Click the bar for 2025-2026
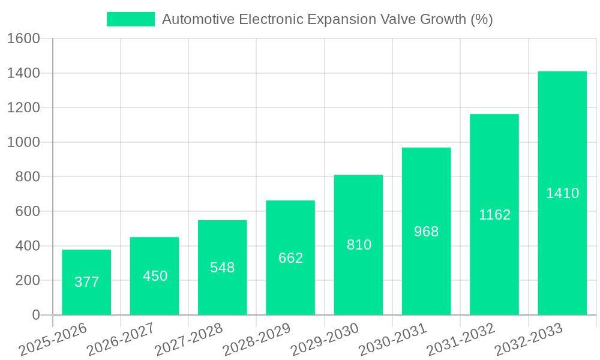tap(86, 282)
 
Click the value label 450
tap(155, 276)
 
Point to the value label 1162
tap(494, 215)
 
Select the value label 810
tap(359, 245)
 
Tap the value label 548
tap(222, 268)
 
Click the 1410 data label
tap(562, 193)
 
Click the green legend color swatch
tap(130, 19)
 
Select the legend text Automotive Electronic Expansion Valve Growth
tap(327, 19)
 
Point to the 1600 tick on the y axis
tap(23, 38)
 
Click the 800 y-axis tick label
tap(27, 177)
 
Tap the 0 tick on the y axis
tap(35, 315)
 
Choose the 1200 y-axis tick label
tap(23, 108)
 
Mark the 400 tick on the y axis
tap(27, 246)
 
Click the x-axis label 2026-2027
tap(121, 340)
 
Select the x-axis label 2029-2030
tap(325, 340)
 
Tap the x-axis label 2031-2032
tap(461, 340)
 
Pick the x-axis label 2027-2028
tap(188, 340)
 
